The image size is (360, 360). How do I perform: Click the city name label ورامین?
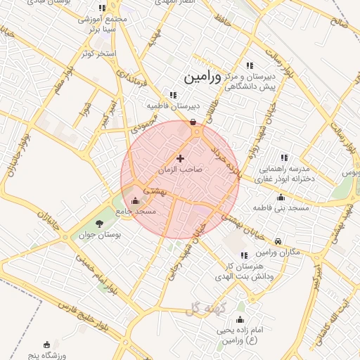202,77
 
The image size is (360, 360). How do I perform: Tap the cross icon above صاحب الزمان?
181,159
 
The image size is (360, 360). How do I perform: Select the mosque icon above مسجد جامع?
135,201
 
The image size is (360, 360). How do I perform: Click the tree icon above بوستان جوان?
98,224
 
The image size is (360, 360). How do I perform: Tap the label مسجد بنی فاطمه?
282,208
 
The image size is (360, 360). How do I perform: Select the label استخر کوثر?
97,53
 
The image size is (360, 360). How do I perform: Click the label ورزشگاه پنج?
47,354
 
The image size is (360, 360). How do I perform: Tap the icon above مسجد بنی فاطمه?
281,198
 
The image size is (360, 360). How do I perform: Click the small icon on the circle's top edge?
193,122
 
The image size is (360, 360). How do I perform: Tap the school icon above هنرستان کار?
244,256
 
